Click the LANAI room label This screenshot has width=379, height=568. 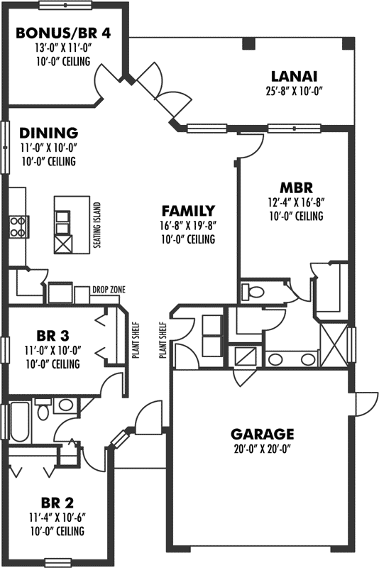pos(293,76)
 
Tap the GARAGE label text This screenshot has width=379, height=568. pos(262,433)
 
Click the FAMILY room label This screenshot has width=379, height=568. pos(187,211)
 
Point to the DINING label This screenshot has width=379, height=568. pos(48,133)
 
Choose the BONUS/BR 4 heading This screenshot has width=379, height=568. pos(62,33)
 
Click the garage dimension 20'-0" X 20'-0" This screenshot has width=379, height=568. pos(262,448)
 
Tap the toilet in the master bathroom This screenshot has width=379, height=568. pos(252,292)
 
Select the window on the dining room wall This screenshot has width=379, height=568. pos(5,147)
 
